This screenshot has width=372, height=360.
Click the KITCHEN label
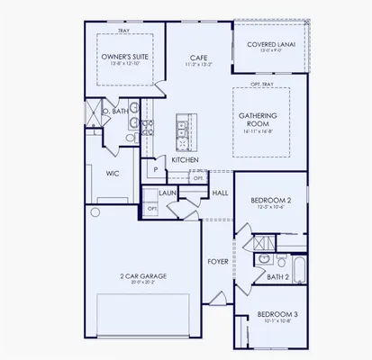click(186, 158)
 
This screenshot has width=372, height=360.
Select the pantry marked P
click(156, 168)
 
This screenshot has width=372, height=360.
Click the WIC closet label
click(113, 172)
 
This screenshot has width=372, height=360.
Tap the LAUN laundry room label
click(167, 192)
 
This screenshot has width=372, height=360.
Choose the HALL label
click(219, 193)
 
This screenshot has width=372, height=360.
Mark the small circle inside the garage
click(95, 213)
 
